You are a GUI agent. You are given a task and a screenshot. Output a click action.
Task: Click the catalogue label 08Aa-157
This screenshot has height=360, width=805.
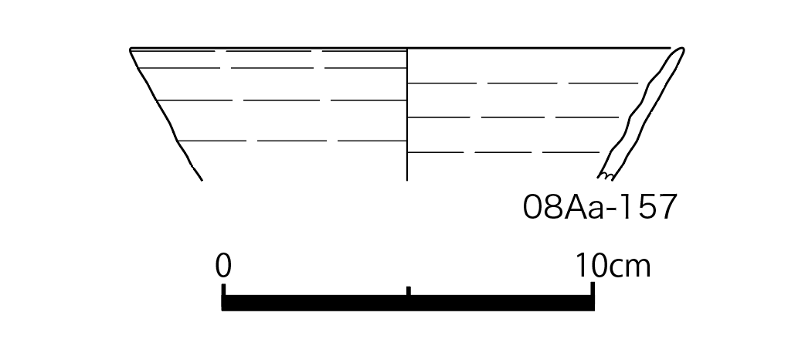[600, 208]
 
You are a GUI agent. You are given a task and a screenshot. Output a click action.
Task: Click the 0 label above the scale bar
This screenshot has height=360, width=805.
[223, 266]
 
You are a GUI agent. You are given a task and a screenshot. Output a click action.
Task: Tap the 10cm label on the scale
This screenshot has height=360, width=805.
[613, 266]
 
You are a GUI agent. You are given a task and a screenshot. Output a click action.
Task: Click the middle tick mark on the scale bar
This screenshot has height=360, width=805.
[409, 291]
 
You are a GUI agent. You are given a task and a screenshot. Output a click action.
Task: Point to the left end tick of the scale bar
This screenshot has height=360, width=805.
[224, 290]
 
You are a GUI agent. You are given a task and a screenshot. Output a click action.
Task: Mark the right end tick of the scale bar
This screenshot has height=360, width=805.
[593, 289]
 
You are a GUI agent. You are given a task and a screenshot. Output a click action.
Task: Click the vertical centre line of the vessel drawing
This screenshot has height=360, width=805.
[407, 114]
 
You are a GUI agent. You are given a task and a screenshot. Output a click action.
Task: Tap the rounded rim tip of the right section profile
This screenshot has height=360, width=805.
[681, 49]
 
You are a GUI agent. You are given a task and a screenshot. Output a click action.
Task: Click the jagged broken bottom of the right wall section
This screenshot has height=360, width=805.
[606, 177]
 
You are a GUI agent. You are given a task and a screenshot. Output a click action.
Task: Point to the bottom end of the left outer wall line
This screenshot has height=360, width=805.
[202, 180]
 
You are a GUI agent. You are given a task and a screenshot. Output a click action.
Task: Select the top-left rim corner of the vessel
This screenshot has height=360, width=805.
[131, 49]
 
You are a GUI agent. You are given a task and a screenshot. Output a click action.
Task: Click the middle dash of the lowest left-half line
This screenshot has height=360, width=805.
[291, 140]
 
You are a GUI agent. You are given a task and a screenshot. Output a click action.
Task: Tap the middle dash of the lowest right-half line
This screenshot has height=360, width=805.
[503, 152]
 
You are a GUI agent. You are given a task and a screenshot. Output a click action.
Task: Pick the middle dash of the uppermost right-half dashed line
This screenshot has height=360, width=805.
[522, 83]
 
